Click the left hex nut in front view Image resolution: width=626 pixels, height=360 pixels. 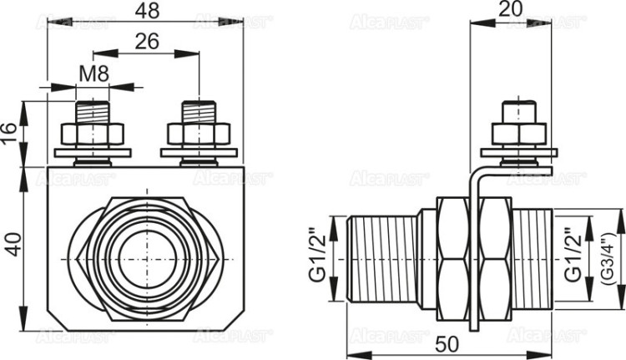(92, 134)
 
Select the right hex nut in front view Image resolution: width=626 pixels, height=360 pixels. (199, 134)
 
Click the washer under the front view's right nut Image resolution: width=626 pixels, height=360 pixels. (199, 152)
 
